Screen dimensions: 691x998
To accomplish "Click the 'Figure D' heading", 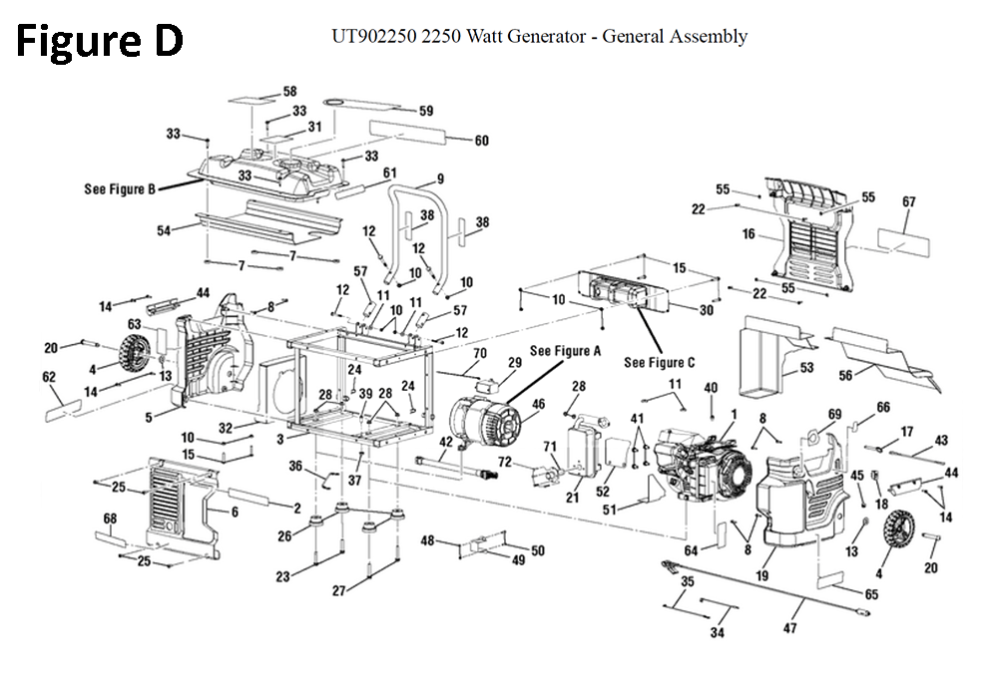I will pyautogui.click(x=99, y=41).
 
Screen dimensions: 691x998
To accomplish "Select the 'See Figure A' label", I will pyautogui.click(x=566, y=351).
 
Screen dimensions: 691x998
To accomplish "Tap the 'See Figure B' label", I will pyautogui.click(x=119, y=189).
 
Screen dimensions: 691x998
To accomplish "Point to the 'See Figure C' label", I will pyautogui.click(x=659, y=362).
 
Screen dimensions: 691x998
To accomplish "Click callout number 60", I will pyautogui.click(x=481, y=141).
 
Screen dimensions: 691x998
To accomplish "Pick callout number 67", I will pyautogui.click(x=908, y=202).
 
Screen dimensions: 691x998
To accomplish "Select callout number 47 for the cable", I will pyautogui.click(x=790, y=628).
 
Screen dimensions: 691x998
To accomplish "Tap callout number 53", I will pyautogui.click(x=806, y=368).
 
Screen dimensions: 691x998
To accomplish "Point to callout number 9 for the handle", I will pyautogui.click(x=437, y=180).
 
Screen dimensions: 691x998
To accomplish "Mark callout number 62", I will pyautogui.click(x=48, y=377).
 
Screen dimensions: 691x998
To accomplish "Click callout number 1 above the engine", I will pyautogui.click(x=734, y=413).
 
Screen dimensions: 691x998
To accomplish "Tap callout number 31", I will pyautogui.click(x=313, y=127).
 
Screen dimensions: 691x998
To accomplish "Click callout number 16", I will pyautogui.click(x=748, y=234).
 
